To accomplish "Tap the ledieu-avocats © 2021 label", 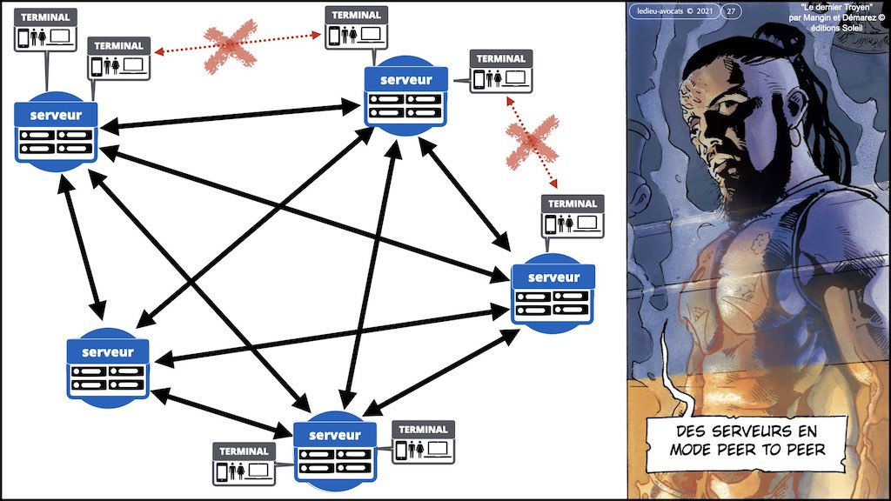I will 669,11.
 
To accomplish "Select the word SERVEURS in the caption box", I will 747,431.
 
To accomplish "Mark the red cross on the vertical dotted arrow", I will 532,143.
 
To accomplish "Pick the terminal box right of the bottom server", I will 423,441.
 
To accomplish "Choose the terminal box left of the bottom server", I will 244,463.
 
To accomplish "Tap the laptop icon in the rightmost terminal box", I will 587,222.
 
